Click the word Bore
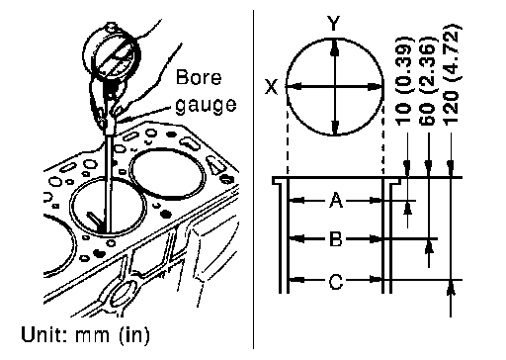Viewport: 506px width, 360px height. click(x=199, y=77)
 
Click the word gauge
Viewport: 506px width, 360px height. click(x=206, y=106)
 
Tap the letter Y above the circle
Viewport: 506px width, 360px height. click(x=334, y=24)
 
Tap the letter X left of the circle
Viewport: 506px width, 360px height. click(x=271, y=87)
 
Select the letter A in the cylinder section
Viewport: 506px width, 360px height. click(x=336, y=200)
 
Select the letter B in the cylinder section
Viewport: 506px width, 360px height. click(x=336, y=239)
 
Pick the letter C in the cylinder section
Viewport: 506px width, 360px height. click(x=336, y=282)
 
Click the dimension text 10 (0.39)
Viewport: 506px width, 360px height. click(x=404, y=80)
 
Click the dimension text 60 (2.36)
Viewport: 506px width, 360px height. click(x=428, y=80)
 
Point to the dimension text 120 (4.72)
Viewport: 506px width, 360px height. click(x=452, y=74)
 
